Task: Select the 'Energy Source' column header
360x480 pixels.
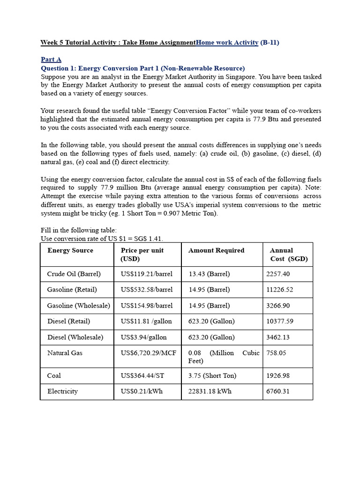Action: coord(70,250)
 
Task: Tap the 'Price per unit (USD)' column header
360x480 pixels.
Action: coord(142,255)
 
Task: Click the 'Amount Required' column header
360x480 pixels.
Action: coord(216,250)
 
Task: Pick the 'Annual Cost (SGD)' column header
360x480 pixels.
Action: coord(288,255)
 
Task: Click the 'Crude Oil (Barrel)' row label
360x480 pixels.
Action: coord(74,274)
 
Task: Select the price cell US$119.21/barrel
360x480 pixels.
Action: coord(146,274)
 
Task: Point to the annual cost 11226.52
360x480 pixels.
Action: coord(279,290)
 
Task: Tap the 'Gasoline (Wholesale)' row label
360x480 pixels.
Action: coord(79,306)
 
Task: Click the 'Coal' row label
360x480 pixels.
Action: coord(54,375)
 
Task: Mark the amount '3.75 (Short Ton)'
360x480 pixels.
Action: coord(212,375)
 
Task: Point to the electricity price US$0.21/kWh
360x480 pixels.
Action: coord(142,391)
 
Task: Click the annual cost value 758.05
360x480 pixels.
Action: coord(276,353)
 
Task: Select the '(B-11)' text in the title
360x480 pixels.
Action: coord(270,43)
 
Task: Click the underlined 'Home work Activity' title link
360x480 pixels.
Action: coord(227,43)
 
